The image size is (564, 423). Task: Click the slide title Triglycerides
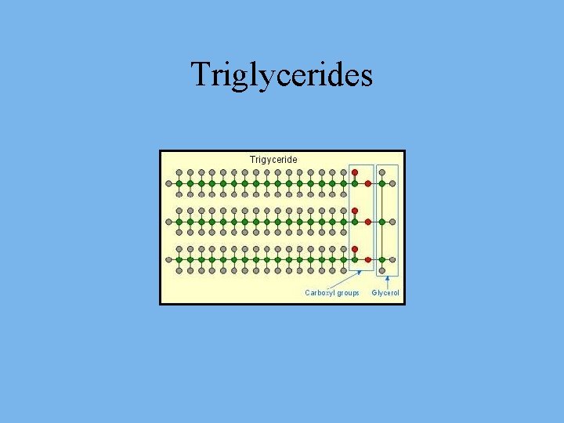[282, 75]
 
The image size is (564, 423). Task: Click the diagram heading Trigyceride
[273, 160]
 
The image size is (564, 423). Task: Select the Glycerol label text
[385, 293]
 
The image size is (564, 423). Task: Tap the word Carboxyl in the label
[319, 293]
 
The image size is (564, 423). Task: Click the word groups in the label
[346, 293]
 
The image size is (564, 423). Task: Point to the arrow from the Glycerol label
[387, 282]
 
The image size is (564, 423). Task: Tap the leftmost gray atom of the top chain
[168, 183]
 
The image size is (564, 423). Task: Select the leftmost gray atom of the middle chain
[168, 222]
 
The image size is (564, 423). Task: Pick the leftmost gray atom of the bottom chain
[168, 259]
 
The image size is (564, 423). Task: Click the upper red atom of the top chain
[355, 172]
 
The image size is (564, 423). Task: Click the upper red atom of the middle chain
[355, 211]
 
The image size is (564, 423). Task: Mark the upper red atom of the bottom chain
[355, 249]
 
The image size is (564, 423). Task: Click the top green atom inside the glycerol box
[381, 183]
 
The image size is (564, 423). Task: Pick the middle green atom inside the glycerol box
[381, 222]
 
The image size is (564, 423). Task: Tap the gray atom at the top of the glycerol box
[381, 172]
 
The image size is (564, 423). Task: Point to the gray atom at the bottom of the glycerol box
[381, 271]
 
